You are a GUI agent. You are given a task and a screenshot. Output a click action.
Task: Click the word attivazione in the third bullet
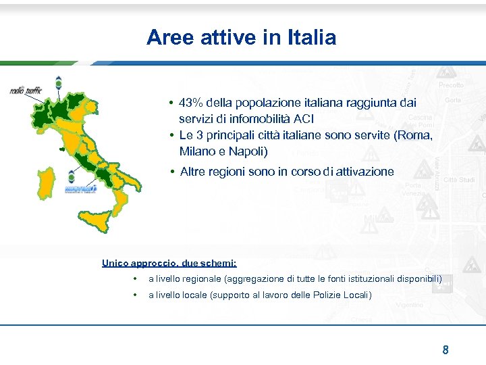(x=362, y=172)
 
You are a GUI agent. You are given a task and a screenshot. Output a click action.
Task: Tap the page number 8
(x=445, y=349)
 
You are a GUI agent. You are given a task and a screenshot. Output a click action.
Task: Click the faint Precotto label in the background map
(x=451, y=85)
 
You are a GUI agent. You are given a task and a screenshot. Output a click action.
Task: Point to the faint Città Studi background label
(x=459, y=179)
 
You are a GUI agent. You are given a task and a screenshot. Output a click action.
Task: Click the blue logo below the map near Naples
(x=80, y=189)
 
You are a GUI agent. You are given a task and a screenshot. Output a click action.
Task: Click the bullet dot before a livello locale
(x=135, y=295)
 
